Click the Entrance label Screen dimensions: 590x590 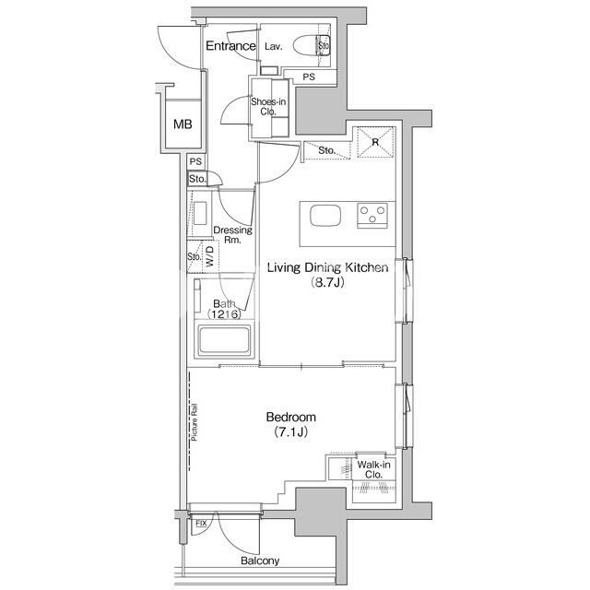[x=230, y=46]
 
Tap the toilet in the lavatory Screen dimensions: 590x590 [x=312, y=45]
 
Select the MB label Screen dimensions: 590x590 [x=183, y=124]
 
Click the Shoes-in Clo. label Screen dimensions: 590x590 [x=268, y=107]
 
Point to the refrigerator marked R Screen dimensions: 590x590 [x=375, y=142]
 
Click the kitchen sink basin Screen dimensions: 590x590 [x=325, y=216]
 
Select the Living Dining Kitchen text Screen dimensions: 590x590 [x=327, y=267]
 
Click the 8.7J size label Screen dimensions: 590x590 [x=327, y=282]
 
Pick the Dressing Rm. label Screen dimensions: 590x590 [x=232, y=235]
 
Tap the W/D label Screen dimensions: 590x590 [x=210, y=256]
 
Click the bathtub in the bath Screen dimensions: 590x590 [x=224, y=341]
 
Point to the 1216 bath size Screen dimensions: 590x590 [x=224, y=314]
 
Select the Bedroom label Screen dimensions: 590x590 [x=291, y=417]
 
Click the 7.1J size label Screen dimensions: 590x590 [x=291, y=431]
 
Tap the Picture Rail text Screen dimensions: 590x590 [x=195, y=422]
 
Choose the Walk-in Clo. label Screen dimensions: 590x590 [x=373, y=469]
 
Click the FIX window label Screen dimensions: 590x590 [x=201, y=524]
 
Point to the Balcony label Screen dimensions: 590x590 [x=260, y=560]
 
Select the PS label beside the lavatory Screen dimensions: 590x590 [x=309, y=77]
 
